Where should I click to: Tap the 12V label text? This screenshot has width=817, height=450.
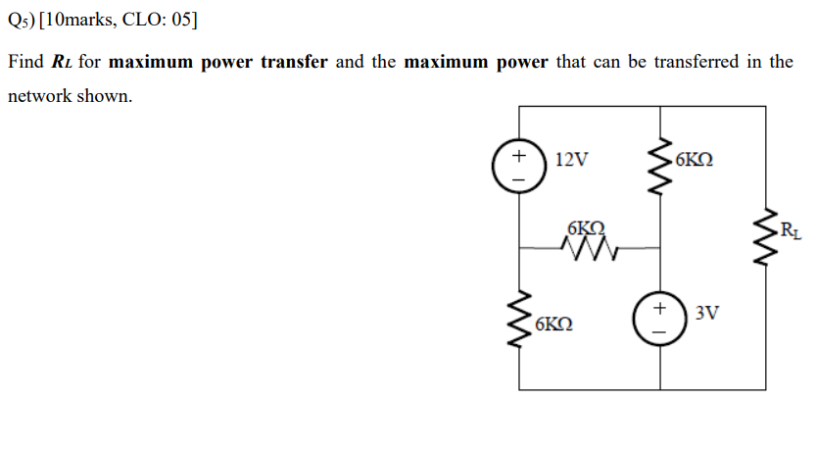[x=571, y=160]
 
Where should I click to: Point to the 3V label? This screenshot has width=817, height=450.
[x=706, y=314]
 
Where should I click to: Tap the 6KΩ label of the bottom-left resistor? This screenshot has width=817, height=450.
[x=555, y=322]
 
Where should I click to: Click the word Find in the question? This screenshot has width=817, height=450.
[x=25, y=62]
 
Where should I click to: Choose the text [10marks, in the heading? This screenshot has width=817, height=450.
[x=77, y=21]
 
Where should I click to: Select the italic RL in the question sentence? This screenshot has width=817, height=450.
[x=63, y=63]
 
